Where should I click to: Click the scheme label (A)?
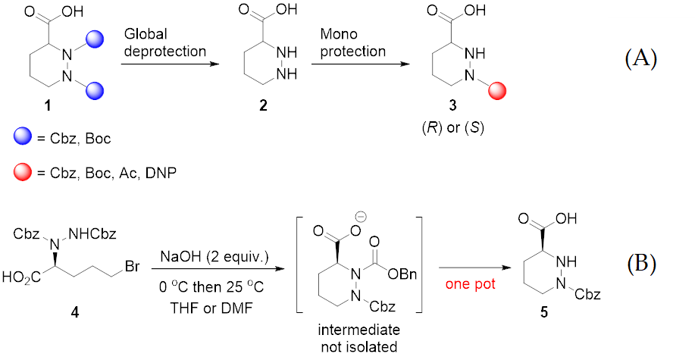[641, 59]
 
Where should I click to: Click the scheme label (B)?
[641, 264]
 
